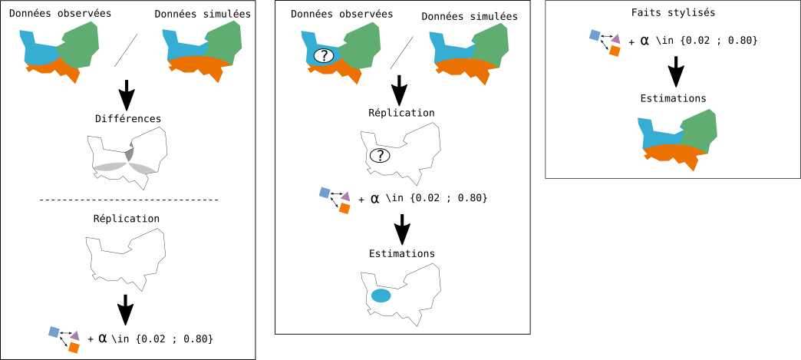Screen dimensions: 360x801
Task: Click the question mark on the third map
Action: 324,56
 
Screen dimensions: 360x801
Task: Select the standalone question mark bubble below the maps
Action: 380,156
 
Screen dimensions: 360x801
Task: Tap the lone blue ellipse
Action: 381,296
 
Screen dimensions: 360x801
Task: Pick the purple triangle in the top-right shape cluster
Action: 615,39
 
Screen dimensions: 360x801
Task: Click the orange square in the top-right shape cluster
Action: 615,51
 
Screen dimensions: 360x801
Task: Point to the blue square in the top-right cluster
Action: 595,35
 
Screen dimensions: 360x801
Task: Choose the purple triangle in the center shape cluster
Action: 346,197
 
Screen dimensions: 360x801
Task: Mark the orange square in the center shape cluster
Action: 344,208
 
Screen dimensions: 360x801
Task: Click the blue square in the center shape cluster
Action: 325,193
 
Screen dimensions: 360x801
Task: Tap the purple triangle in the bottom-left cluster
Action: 75,335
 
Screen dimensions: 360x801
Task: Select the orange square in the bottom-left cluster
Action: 74,348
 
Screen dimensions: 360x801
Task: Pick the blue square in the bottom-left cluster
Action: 54,332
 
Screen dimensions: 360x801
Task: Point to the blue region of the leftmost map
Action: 38,54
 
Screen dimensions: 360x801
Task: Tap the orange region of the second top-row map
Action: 198,64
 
